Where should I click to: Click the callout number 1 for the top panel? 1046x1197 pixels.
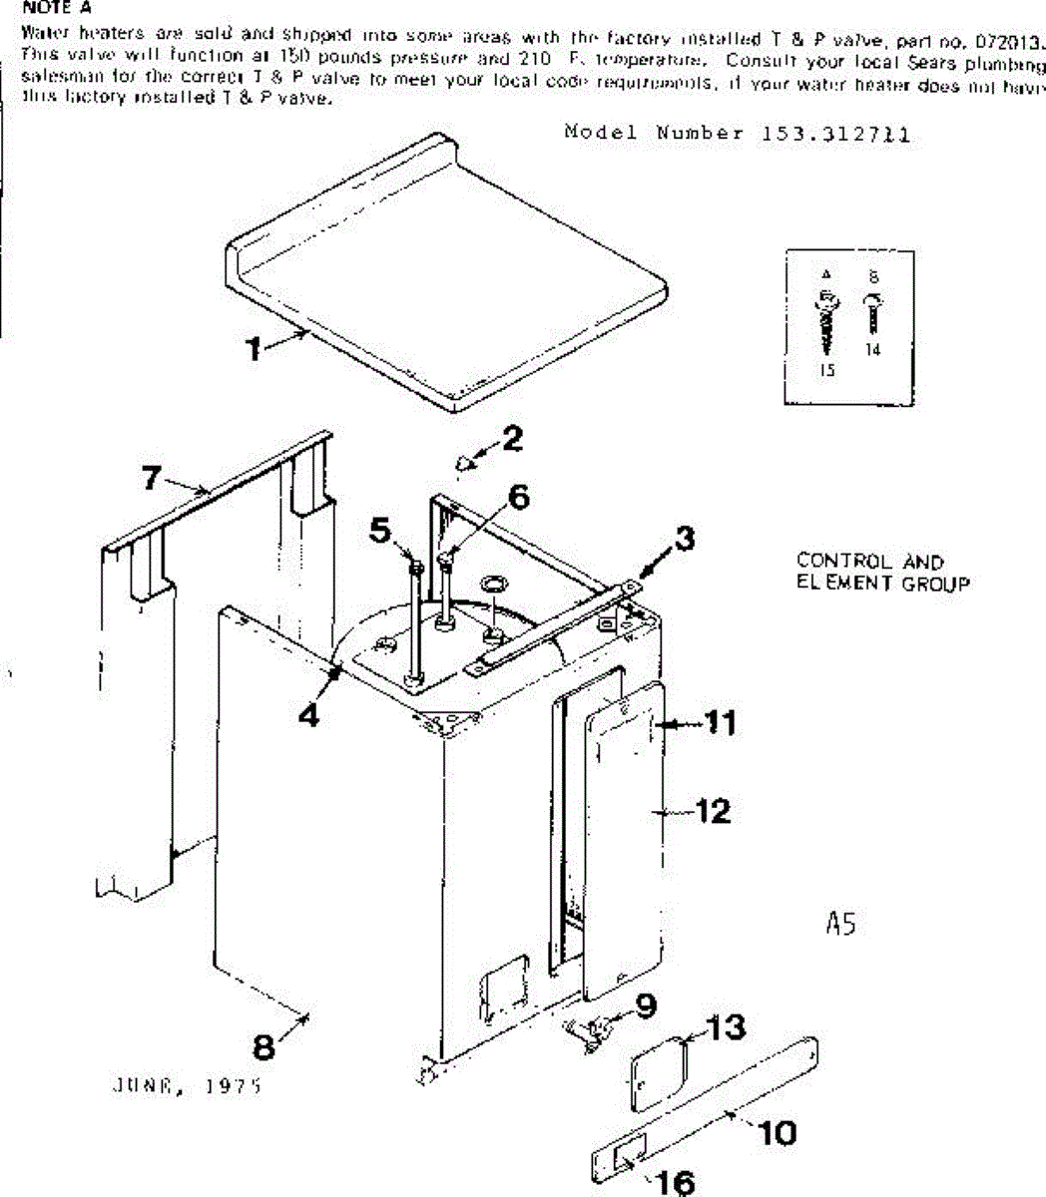tap(255, 349)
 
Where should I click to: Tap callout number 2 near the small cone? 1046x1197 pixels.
tap(512, 439)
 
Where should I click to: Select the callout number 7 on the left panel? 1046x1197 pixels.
tap(151, 479)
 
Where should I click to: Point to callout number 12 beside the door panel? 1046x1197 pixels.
tap(713, 811)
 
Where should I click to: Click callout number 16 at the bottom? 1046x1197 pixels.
tap(676, 1183)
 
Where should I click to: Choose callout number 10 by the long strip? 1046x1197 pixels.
tap(778, 1133)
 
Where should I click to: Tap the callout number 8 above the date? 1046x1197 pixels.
tap(263, 1047)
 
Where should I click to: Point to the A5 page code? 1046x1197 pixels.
tap(840, 925)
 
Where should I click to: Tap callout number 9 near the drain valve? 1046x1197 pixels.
tap(646, 1005)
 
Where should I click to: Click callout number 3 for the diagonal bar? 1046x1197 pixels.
tap(683, 540)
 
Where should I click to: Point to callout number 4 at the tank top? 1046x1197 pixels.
tap(310, 715)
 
